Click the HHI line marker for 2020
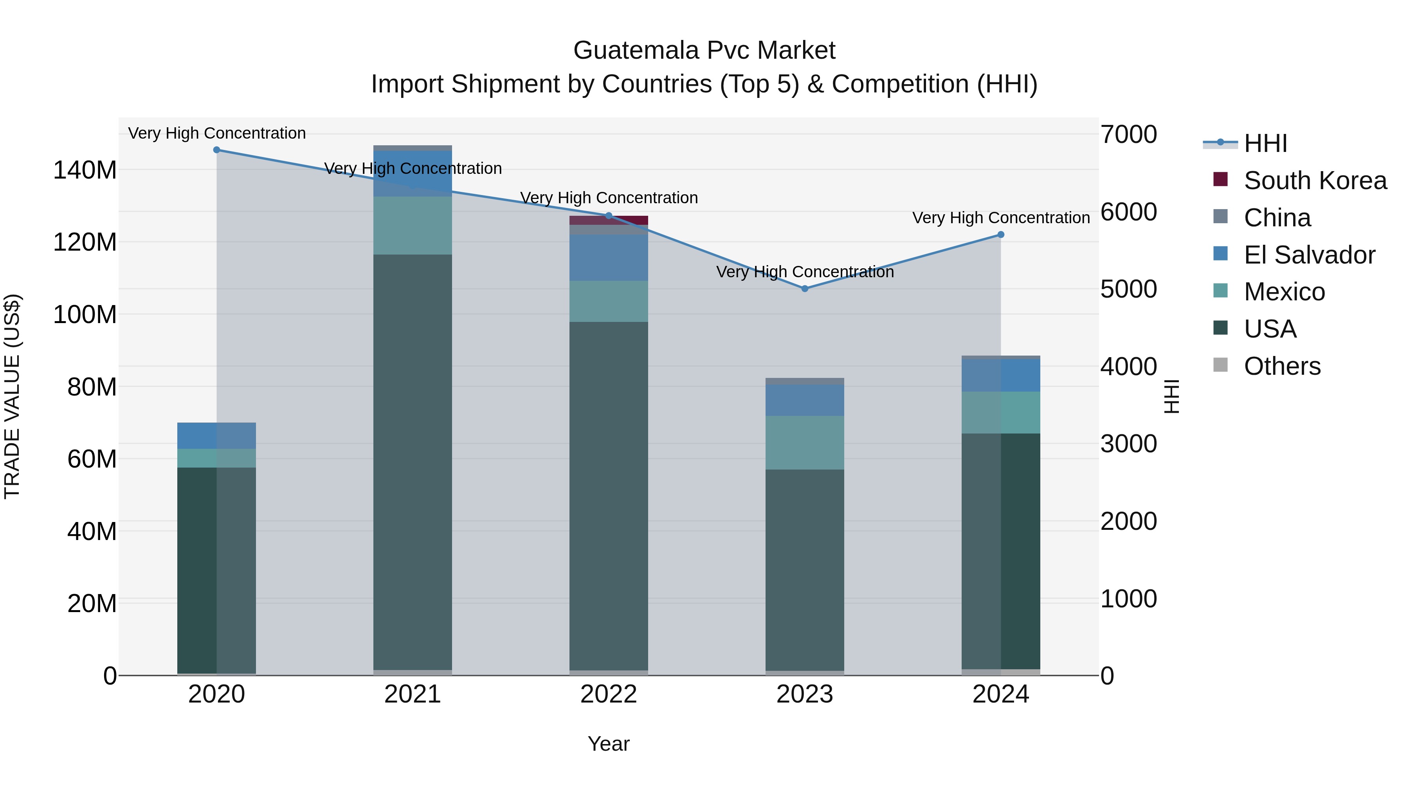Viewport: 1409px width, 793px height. (x=216, y=150)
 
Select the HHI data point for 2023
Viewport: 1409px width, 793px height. (x=805, y=288)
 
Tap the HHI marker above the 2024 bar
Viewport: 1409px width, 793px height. (x=1000, y=235)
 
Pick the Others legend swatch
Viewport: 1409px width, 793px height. (x=1220, y=365)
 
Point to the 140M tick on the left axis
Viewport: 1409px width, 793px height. (x=85, y=170)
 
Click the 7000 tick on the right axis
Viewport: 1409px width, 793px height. (x=1128, y=135)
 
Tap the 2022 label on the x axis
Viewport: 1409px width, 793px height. (x=608, y=694)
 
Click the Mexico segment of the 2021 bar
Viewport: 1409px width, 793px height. (x=413, y=226)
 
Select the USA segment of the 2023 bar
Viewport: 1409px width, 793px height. (x=805, y=569)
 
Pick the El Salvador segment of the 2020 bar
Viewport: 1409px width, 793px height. (x=216, y=435)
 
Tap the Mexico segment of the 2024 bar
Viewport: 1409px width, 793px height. (x=1000, y=413)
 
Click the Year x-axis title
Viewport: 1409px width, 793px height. (x=608, y=744)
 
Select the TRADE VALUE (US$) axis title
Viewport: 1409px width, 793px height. (x=12, y=396)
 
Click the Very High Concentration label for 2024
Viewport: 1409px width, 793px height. (x=1000, y=218)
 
